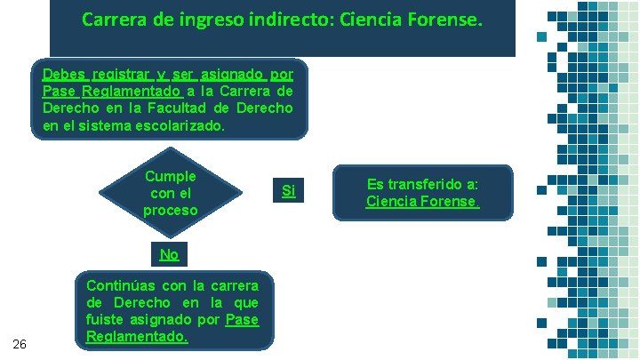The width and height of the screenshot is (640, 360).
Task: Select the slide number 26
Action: (x=20, y=344)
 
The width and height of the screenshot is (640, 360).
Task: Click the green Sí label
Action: (x=288, y=190)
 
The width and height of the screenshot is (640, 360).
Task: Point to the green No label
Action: (x=169, y=254)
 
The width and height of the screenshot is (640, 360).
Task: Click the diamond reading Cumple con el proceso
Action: (x=170, y=193)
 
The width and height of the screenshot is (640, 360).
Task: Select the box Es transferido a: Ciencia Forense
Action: (x=422, y=193)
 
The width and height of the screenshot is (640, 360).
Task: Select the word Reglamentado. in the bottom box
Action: (x=138, y=337)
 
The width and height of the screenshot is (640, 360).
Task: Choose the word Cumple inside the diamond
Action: (x=170, y=176)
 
